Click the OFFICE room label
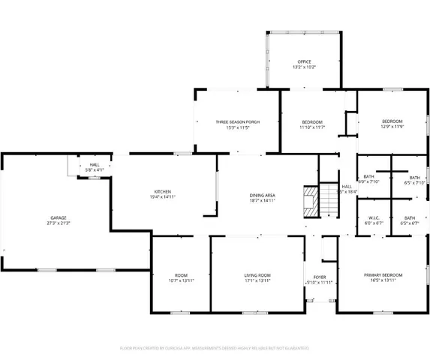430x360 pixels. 304,61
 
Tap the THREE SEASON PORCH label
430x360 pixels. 237,122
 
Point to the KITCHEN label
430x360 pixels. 162,192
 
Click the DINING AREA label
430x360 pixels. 263,196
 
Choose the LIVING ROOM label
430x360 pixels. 257,275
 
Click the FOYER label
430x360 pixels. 320,277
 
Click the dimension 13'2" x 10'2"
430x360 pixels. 304,67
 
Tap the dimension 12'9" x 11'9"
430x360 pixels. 392,127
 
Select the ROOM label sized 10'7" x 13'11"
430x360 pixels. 181,275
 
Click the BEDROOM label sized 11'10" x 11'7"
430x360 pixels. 312,122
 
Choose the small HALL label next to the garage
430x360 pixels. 95,164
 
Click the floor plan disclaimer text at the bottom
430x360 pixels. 215,349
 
